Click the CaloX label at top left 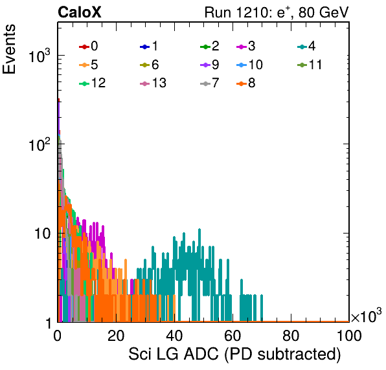(x=79, y=12)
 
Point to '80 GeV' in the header (x=324, y=12)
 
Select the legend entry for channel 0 (x=88, y=46)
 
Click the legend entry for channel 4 (x=306, y=46)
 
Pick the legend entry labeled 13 (x=153, y=83)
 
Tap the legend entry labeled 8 (x=245, y=83)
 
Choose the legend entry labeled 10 (x=249, y=65)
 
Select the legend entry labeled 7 (x=209, y=83)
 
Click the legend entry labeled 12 (x=93, y=83)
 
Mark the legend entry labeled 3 (x=245, y=46)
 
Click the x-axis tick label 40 (x=174, y=336)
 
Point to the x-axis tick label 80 (x=291, y=336)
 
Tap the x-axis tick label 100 (x=349, y=336)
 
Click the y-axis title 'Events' (x=9, y=49)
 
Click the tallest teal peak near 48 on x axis (x=199, y=230)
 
